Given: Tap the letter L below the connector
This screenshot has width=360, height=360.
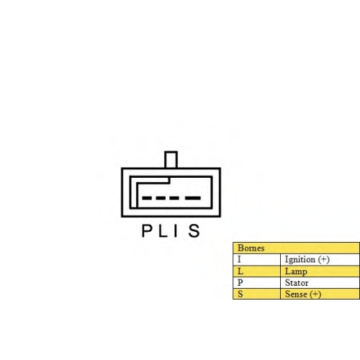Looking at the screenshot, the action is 163,230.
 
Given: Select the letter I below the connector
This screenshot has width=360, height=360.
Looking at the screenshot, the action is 176,230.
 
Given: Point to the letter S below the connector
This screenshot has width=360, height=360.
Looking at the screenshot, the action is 194,230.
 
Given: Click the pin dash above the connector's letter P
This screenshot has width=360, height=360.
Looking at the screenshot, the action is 146,198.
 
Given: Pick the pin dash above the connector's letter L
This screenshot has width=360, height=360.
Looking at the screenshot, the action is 160,198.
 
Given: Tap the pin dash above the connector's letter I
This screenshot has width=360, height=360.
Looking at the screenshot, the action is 174,198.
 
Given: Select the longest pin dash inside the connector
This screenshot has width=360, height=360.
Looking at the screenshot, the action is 193,198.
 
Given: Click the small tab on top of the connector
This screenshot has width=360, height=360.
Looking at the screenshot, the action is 171,159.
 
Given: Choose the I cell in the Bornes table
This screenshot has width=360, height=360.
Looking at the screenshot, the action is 256,259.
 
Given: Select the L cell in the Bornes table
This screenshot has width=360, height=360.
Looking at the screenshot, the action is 256,271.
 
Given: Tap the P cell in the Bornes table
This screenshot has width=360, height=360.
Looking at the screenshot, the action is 256,283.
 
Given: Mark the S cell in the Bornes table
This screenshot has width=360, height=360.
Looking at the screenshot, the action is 256,294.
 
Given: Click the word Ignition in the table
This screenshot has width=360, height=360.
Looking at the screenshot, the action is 300,260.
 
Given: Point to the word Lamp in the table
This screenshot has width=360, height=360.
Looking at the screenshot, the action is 296,271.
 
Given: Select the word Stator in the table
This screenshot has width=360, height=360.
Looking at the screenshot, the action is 297,283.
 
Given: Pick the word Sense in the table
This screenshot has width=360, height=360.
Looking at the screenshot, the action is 296,294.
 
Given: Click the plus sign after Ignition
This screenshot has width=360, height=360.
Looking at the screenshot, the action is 324,259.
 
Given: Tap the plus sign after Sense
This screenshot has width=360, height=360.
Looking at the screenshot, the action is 315,294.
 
